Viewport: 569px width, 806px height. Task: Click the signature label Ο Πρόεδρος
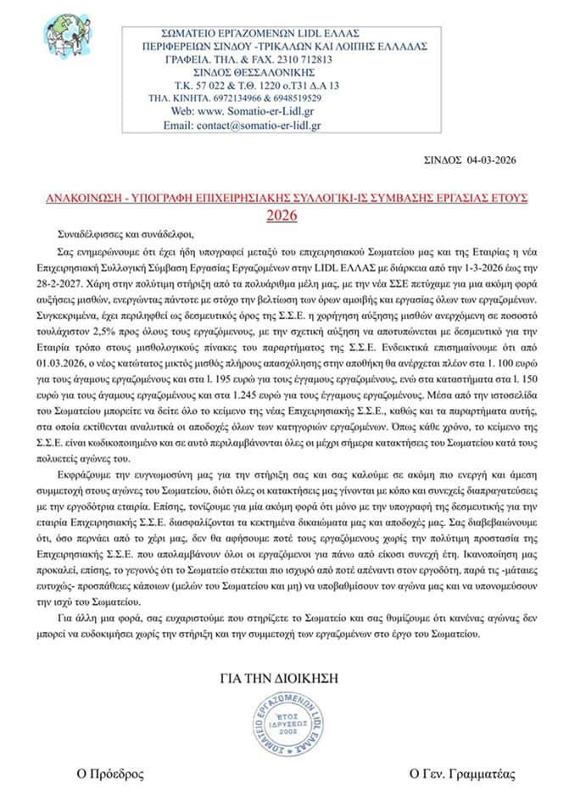[109, 774]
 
